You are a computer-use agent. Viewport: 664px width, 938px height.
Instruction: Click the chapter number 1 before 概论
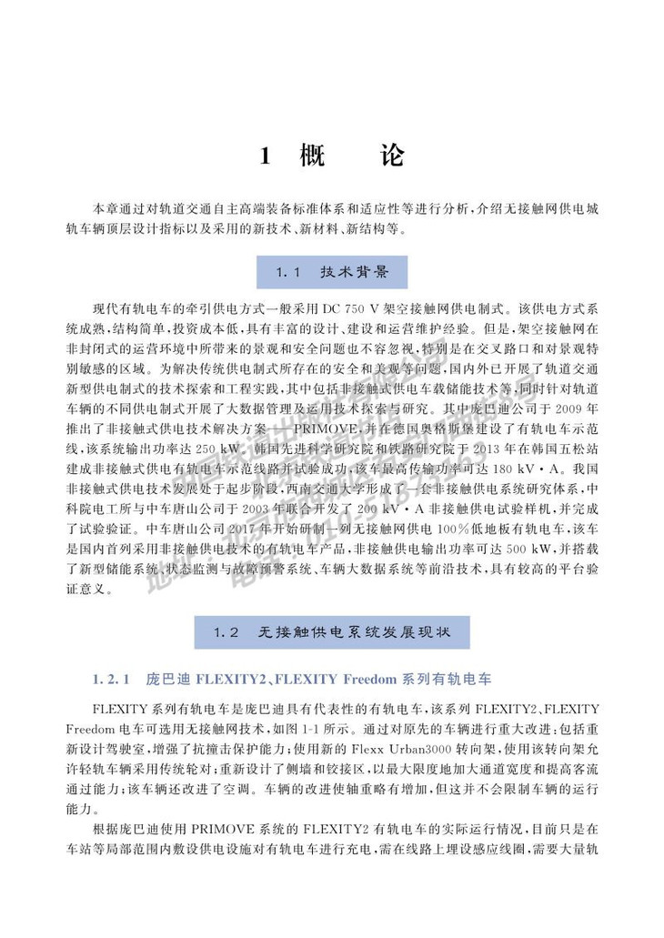(x=266, y=156)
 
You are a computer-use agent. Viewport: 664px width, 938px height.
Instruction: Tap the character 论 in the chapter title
(x=390, y=156)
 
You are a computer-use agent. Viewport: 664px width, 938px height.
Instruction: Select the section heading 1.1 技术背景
(x=332, y=272)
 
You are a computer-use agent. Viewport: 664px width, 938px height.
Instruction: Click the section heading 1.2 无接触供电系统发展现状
(x=331, y=631)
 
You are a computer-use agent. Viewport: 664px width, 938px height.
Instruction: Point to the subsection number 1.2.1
(x=114, y=679)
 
